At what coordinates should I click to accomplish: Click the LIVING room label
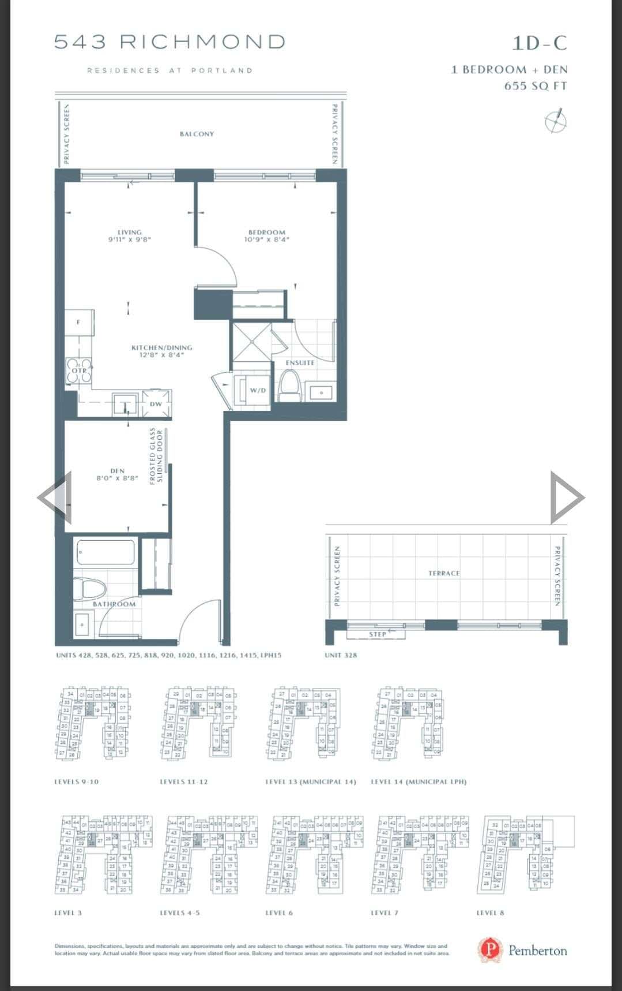(130, 233)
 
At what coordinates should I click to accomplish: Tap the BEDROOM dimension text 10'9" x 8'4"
(266, 239)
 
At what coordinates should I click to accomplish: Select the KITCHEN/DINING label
(161, 347)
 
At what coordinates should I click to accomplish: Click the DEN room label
(117, 471)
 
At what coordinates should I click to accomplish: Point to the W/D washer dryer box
(258, 391)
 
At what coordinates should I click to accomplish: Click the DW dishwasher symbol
(156, 403)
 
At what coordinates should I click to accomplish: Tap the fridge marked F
(79, 323)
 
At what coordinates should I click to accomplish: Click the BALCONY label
(197, 134)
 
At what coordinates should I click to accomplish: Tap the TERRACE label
(444, 573)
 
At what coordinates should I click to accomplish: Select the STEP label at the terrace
(378, 634)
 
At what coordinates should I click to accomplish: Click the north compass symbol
(556, 121)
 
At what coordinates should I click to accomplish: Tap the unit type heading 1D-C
(539, 43)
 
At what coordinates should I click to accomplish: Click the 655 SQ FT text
(536, 86)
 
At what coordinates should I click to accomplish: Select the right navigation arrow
(566, 497)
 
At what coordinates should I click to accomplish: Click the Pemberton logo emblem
(490, 950)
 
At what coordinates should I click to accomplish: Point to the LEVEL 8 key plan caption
(490, 913)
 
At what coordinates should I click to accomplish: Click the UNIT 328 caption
(341, 655)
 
